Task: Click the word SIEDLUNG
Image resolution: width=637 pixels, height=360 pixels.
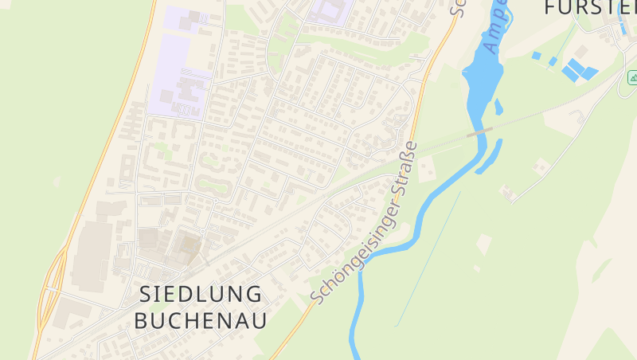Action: (x=201, y=293)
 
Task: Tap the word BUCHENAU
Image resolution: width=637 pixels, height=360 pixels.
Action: (x=201, y=320)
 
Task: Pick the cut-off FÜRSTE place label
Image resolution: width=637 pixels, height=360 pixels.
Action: (x=590, y=8)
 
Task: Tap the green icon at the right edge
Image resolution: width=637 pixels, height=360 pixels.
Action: (x=632, y=77)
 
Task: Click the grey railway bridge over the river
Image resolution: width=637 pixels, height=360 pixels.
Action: (x=479, y=131)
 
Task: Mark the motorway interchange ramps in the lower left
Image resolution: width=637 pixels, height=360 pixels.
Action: (x=52, y=287)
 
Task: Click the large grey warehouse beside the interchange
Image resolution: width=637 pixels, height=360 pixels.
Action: (x=92, y=255)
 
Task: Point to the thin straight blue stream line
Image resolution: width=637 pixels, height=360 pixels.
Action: (x=430, y=255)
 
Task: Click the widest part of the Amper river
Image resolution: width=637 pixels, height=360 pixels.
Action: (x=481, y=76)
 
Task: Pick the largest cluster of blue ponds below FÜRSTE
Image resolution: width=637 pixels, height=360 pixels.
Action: (x=578, y=70)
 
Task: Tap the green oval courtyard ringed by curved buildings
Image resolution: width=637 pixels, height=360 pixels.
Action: (x=213, y=185)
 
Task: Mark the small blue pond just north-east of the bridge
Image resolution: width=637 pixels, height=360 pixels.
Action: (x=498, y=107)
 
